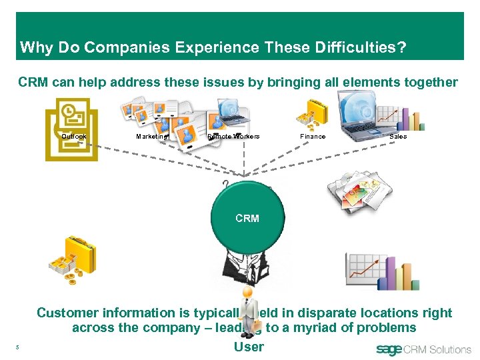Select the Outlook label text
click(x=73, y=137)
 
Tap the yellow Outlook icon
click(x=71, y=128)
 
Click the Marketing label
click(x=153, y=137)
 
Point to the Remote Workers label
click(x=233, y=137)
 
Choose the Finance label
click(x=313, y=137)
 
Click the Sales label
click(x=398, y=137)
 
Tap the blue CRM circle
click(x=247, y=219)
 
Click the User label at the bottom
click(x=249, y=347)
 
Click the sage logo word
click(x=389, y=349)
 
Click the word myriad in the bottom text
click(x=315, y=327)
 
